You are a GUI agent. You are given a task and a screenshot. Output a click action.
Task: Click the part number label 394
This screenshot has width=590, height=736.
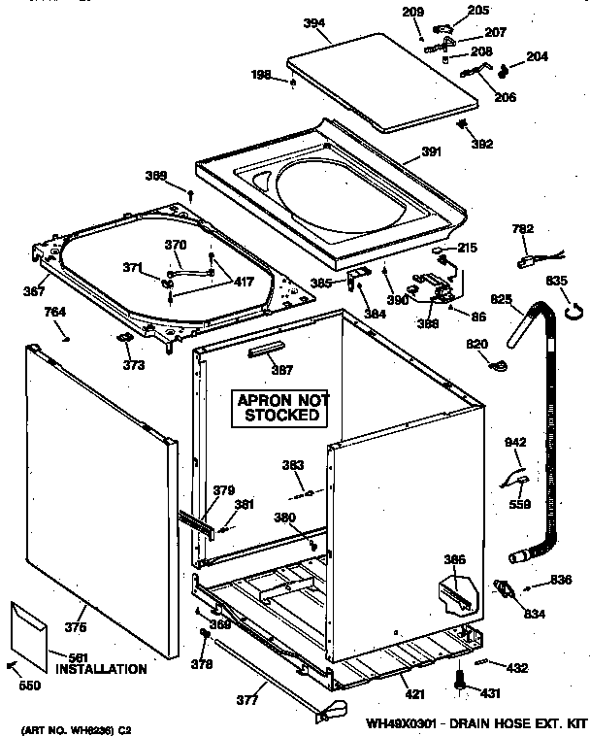(313, 23)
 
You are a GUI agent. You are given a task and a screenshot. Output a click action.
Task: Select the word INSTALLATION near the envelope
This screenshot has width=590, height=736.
(101, 669)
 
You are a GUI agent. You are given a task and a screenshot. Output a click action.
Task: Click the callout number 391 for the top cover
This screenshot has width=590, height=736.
(432, 152)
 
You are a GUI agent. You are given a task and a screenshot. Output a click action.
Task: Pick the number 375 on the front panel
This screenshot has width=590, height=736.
(76, 627)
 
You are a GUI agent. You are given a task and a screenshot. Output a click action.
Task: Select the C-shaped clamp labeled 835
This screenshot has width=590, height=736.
(573, 311)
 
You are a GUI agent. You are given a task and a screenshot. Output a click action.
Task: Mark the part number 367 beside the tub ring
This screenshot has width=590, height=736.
(35, 290)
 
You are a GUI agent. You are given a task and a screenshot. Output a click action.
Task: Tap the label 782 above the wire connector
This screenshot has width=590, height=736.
(523, 229)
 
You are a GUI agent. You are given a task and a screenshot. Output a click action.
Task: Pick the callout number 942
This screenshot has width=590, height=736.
(515, 443)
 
